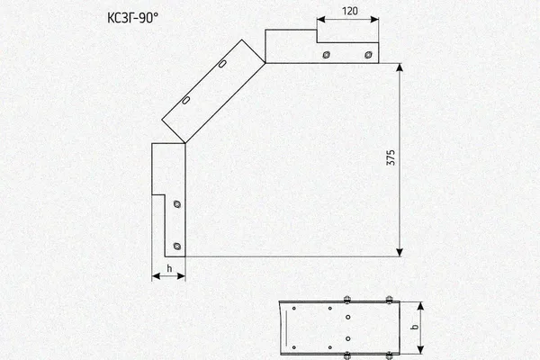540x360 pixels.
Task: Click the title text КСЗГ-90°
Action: click(x=133, y=18)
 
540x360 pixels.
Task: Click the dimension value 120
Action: click(x=349, y=11)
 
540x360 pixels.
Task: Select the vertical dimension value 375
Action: click(x=391, y=157)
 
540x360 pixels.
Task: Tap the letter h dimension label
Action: click(x=169, y=268)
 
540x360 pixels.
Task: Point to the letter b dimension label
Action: click(x=415, y=327)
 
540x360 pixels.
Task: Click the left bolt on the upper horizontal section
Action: click(x=326, y=55)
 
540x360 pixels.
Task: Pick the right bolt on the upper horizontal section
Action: click(x=368, y=55)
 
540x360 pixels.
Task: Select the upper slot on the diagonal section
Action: click(x=222, y=64)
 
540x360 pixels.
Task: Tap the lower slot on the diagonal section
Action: click(x=185, y=100)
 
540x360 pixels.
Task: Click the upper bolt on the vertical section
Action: click(x=177, y=204)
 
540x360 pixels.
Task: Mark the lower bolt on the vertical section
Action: click(x=177, y=246)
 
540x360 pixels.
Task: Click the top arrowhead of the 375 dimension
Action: click(x=400, y=67)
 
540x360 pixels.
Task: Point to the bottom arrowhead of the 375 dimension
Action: click(x=400, y=253)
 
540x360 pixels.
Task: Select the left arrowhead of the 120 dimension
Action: click(x=321, y=20)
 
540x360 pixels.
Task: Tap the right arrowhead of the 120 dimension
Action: click(x=374, y=20)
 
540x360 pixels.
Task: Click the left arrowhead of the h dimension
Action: click(x=156, y=276)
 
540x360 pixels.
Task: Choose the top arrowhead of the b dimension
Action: click(x=420, y=306)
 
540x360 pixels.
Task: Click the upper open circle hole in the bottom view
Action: click(x=347, y=317)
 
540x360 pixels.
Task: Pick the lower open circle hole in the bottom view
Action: click(x=347, y=339)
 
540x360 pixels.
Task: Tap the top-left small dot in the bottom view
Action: click(x=293, y=309)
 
